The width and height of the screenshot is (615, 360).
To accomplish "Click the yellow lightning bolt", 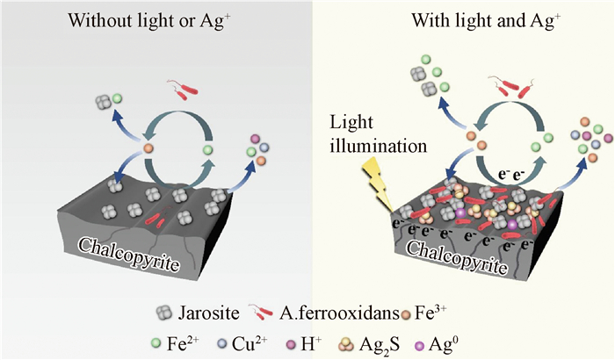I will (x=384, y=185).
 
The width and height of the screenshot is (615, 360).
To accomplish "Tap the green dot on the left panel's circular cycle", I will (x=208, y=151).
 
